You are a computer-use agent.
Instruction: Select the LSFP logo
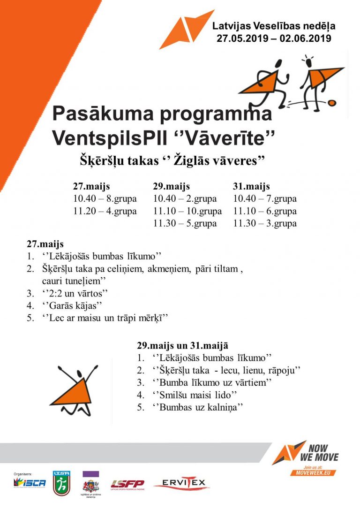(x=127, y=484)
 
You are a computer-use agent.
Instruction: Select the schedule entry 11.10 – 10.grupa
(x=187, y=211)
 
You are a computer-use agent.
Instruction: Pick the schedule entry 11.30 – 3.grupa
(x=265, y=223)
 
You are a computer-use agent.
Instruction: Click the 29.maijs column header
(x=171, y=186)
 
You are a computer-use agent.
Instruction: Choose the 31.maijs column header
(x=251, y=186)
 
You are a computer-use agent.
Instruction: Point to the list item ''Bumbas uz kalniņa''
(x=197, y=407)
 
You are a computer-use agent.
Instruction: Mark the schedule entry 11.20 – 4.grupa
(x=105, y=211)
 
